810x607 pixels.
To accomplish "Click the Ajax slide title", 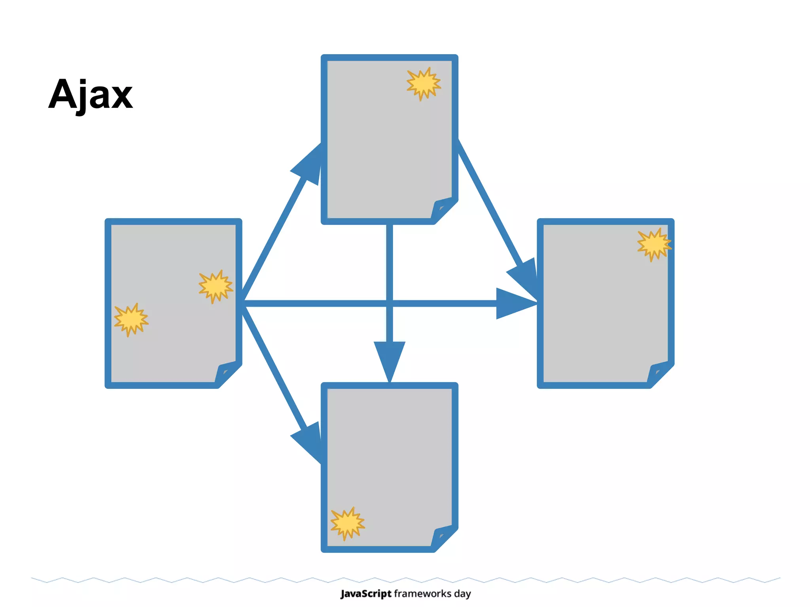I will [91, 95].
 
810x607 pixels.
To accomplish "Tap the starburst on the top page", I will [424, 84].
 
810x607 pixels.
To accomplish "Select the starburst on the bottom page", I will [347, 523].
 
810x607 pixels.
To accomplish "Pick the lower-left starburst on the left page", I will [131, 319].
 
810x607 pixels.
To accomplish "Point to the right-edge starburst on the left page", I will [216, 287].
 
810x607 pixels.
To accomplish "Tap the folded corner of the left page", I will [227, 372].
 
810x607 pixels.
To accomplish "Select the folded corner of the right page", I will [660, 372].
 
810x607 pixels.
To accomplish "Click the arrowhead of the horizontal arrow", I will [514, 303].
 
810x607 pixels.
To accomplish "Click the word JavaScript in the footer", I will [366, 594].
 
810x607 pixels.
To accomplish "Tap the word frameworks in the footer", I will [422, 594].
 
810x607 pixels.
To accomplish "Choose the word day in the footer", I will [462, 594].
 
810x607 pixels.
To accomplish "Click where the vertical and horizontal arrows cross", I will [390, 303].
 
